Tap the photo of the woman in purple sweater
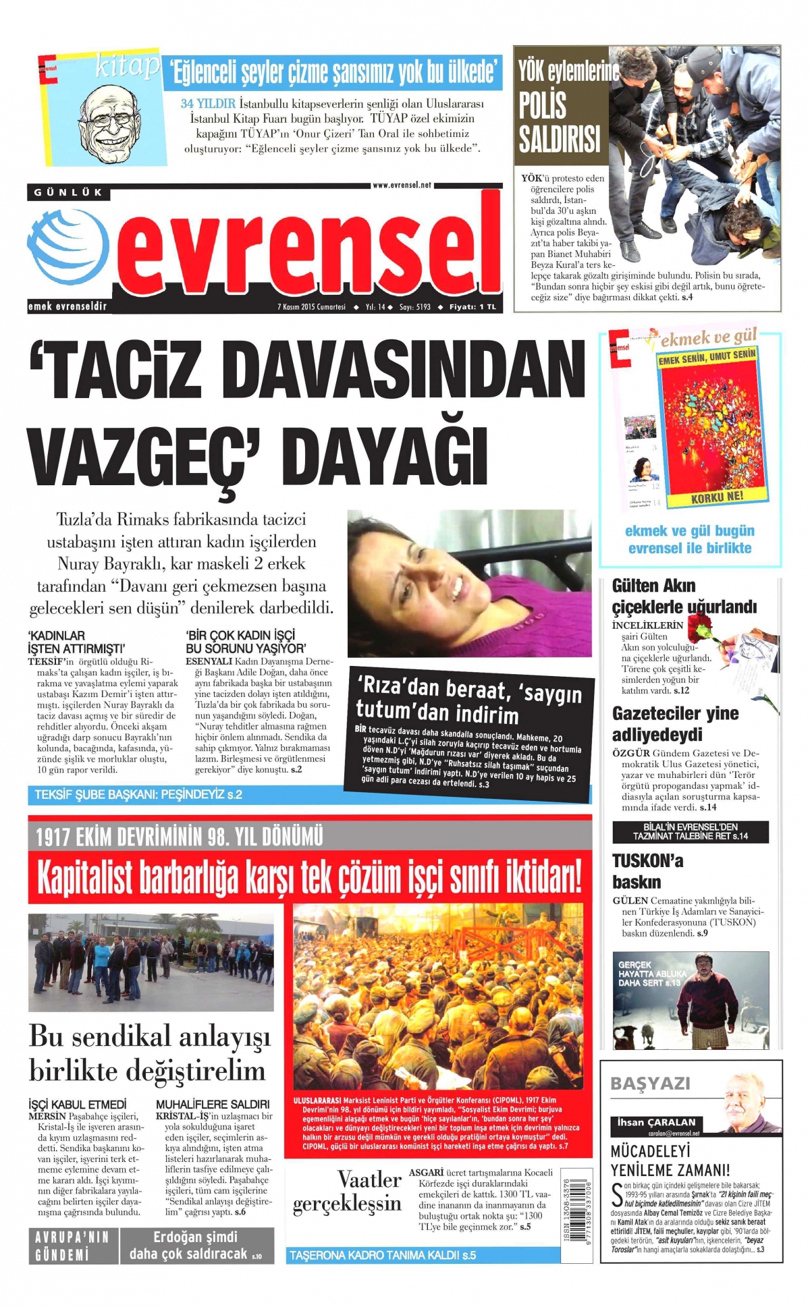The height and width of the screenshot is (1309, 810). coord(468,583)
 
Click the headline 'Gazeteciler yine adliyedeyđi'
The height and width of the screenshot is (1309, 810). coord(675,723)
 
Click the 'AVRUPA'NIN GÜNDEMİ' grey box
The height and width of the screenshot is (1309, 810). coord(72,1246)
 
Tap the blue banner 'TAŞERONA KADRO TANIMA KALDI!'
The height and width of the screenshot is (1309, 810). coord(383,1255)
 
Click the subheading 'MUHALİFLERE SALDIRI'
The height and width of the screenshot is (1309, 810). coord(213,1105)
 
